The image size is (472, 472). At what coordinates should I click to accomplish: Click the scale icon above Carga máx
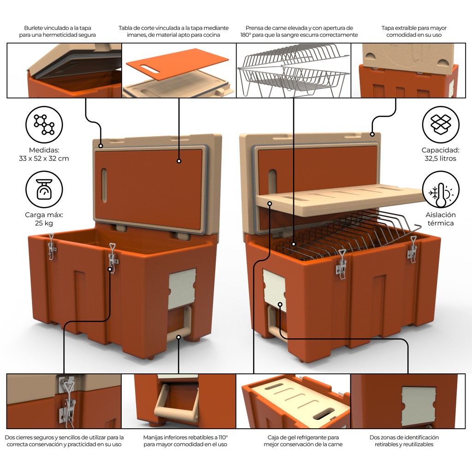point(44,189)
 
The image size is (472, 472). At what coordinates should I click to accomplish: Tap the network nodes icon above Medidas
point(44,124)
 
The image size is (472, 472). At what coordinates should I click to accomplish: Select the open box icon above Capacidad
point(441,124)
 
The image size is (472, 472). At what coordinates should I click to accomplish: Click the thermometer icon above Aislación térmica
point(441,189)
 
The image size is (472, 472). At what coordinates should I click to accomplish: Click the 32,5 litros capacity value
point(440,159)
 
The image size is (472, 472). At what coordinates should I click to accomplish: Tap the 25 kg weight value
point(44,224)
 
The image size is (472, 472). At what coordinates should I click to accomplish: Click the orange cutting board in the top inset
point(177,64)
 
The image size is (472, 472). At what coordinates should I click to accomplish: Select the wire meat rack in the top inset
point(293,71)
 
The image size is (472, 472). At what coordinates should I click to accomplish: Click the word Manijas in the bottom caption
point(153,437)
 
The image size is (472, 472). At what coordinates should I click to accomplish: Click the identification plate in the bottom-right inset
point(418,406)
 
